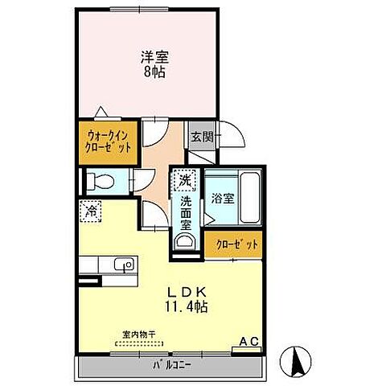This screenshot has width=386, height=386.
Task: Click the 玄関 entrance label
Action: (202, 138)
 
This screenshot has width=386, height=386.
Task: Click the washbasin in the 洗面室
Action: (185, 241)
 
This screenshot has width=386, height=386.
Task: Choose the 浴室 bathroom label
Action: (223, 199)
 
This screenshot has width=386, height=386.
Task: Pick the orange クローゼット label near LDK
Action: (232, 245)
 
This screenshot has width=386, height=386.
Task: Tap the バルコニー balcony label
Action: (172, 366)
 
